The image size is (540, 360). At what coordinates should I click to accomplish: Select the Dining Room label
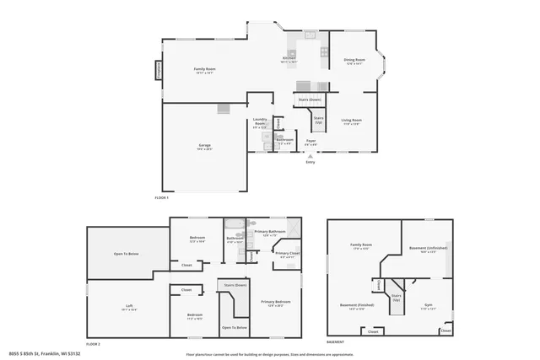[354, 60]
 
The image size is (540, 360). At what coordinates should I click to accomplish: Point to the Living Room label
[351, 120]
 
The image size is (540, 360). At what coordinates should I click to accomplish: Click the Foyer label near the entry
[310, 140]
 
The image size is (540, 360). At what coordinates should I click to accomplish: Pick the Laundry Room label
[260, 121]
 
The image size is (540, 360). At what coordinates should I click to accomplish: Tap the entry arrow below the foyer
[310, 156]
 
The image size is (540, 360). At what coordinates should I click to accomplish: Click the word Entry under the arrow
[310, 162]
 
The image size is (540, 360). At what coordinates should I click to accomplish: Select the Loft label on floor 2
[129, 307]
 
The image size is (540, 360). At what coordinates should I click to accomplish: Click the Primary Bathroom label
[271, 231]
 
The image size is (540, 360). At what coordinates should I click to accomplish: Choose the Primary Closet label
[288, 254]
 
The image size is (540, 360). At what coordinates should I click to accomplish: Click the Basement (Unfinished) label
[429, 248]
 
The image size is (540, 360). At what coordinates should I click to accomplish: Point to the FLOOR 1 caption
[162, 197]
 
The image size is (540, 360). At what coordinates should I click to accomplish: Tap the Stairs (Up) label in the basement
[396, 297]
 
